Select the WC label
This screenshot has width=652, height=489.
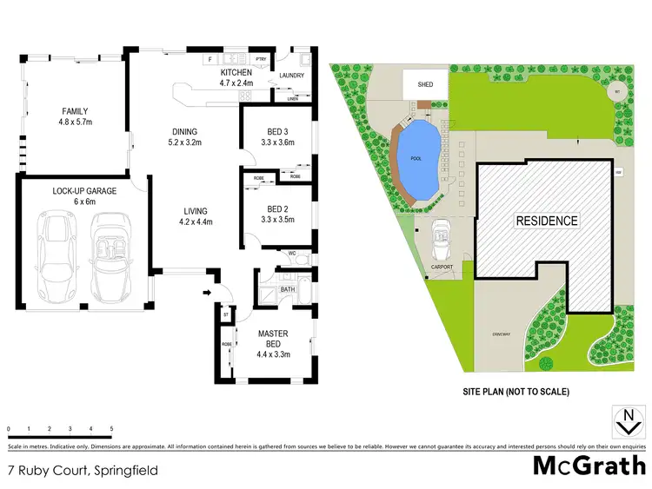[293, 254]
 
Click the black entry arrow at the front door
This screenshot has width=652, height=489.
[205, 293]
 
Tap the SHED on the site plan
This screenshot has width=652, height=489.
[425, 85]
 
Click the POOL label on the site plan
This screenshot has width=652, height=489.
[416, 159]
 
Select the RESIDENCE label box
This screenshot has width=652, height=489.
[547, 221]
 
